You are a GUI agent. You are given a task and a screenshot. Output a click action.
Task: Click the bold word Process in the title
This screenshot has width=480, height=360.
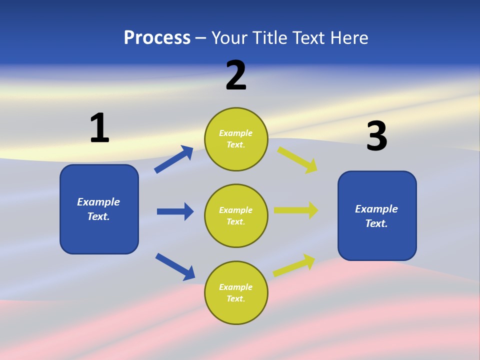click(157, 38)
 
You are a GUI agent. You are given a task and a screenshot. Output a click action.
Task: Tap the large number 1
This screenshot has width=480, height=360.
click(99, 128)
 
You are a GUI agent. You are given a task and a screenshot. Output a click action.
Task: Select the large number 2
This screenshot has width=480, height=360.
click(236, 75)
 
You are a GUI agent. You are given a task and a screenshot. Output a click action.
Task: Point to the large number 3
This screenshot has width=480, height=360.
click(376, 136)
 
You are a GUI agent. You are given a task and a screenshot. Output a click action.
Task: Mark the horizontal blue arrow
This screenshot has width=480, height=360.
click(175, 211)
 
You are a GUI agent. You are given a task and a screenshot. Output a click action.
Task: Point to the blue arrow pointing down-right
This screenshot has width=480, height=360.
click(175, 266)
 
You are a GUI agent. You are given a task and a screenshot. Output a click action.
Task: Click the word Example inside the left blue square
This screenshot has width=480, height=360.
click(98, 202)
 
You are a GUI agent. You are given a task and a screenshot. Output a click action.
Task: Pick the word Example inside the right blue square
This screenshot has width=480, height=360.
click(376, 209)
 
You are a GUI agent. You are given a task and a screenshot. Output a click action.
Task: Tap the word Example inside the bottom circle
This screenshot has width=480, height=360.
click(236, 287)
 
